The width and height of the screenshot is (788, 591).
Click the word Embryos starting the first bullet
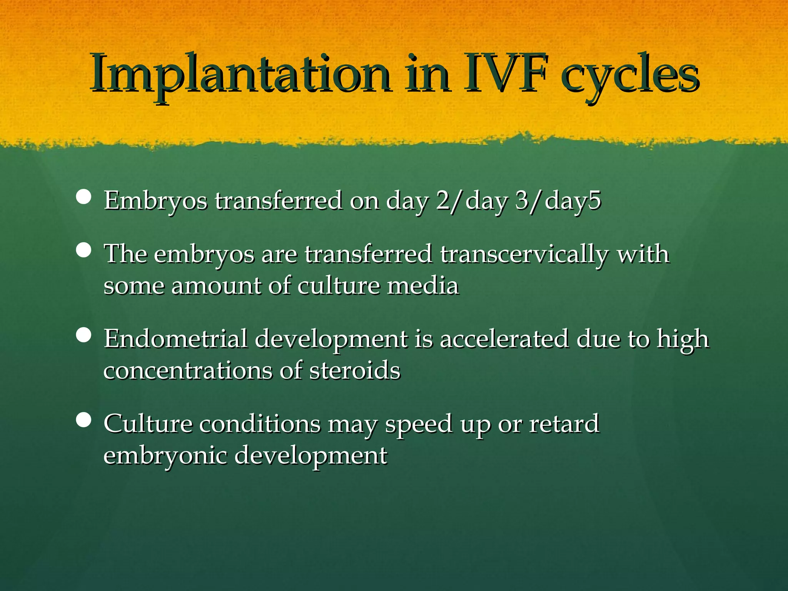point(155,201)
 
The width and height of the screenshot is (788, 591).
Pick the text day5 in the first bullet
point(573,201)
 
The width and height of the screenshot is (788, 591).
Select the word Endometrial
point(175,339)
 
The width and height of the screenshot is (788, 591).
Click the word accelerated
point(504,339)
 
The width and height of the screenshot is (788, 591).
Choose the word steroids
point(355,371)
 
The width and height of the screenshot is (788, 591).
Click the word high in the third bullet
point(683,340)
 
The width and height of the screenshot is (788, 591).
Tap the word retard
point(564,424)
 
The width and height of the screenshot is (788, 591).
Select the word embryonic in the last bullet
point(165,456)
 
